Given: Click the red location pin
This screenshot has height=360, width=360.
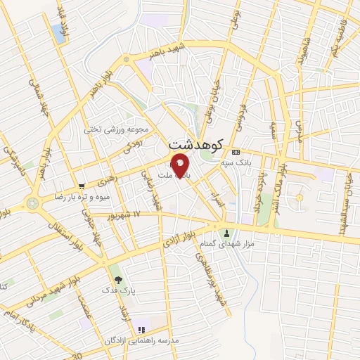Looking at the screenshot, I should point(181,166).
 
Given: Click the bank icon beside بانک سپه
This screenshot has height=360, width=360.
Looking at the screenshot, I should point(236,152).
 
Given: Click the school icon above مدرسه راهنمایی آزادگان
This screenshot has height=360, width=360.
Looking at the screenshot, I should point(141,329).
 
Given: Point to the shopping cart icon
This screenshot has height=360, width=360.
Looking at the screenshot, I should point(82,186).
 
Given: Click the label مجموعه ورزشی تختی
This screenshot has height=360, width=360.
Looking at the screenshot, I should point(116,129).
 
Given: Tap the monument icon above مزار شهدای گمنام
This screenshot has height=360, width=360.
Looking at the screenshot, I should point(226,233).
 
